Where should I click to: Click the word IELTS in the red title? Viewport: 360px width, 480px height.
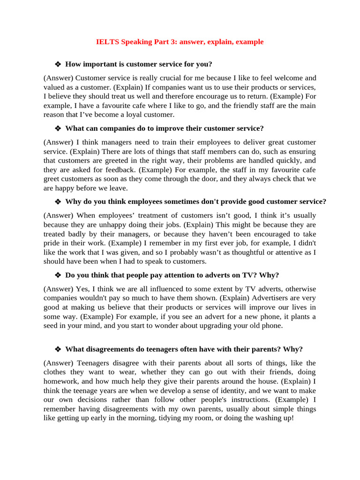(107, 42)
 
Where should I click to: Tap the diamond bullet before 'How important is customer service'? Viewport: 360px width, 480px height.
(58, 64)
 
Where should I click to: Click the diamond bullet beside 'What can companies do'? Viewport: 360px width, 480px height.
(58, 128)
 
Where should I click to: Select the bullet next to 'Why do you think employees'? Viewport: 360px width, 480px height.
(58, 202)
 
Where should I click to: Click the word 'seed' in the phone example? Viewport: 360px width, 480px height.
(52, 325)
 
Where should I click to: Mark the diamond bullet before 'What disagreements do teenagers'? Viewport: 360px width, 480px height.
(58, 349)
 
